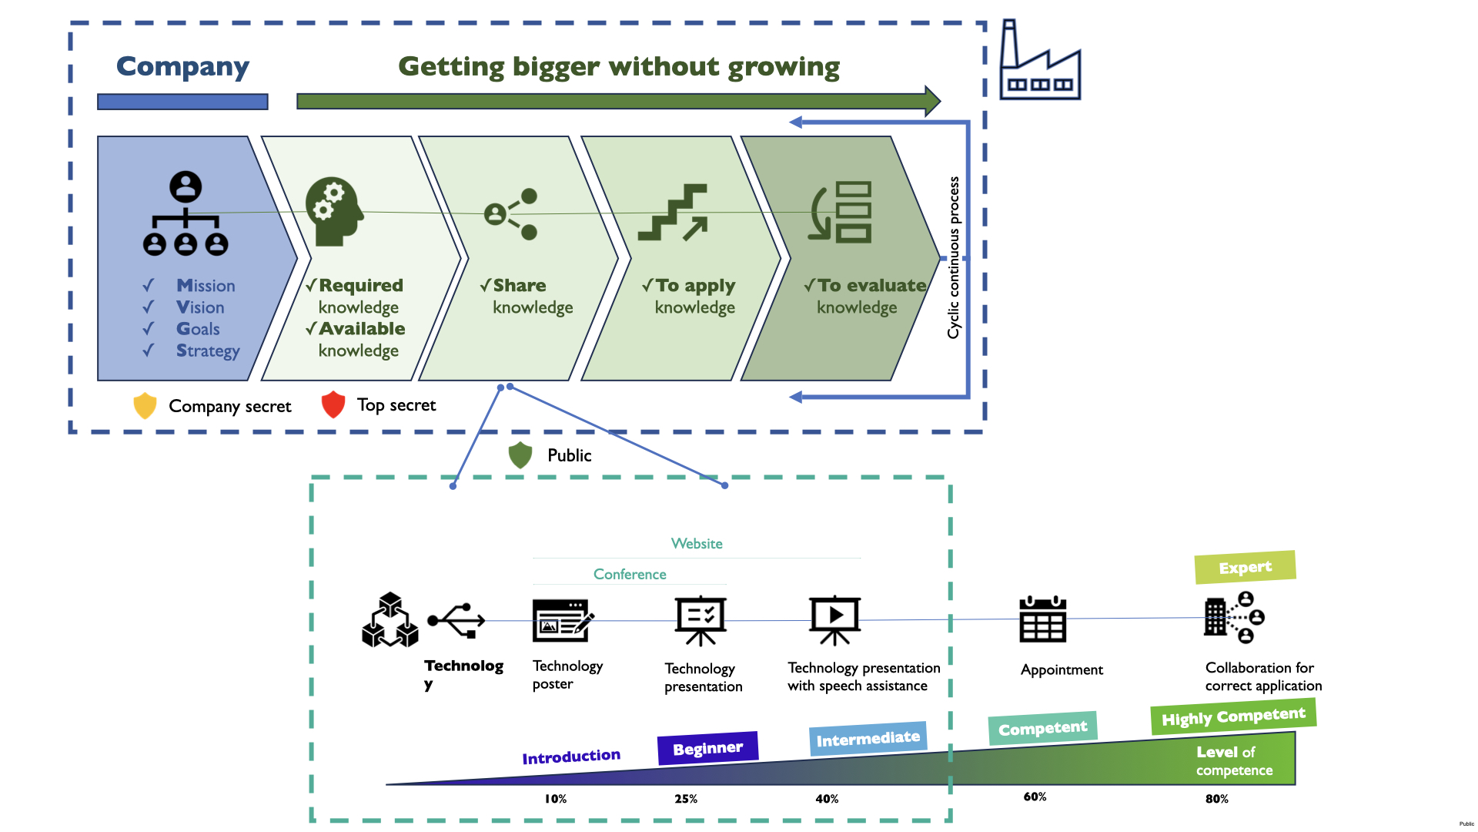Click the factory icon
(1039, 62)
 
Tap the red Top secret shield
(333, 404)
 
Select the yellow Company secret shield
(145, 405)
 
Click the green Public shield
(520, 455)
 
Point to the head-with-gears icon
(334, 212)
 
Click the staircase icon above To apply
(674, 213)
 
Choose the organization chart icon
(186, 213)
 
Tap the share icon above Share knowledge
(511, 213)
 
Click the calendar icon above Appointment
(1042, 619)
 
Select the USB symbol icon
(456, 620)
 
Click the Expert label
(1245, 568)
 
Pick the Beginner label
(707, 748)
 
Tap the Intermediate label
(868, 739)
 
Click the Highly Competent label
(1233, 716)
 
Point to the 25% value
(686, 799)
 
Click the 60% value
(1035, 797)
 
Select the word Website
(697, 544)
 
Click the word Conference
(630, 575)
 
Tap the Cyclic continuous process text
(954, 258)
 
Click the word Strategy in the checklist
(208, 351)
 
